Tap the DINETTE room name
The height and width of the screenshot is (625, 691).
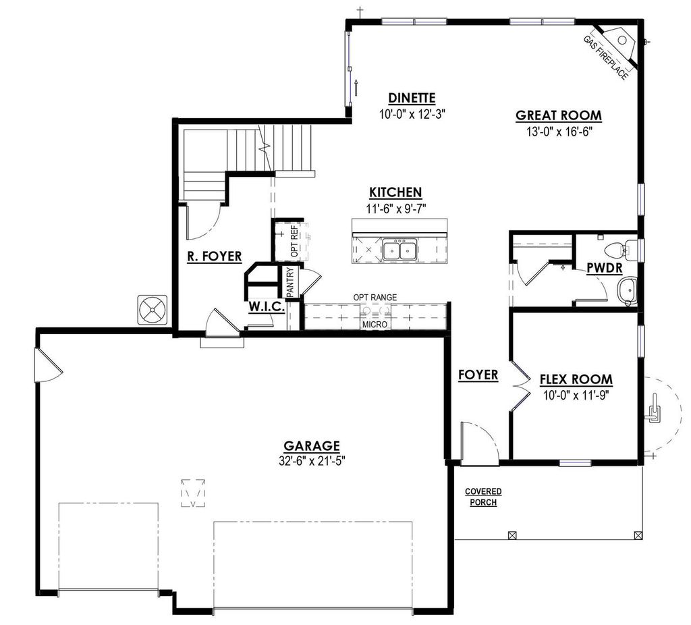pos(412,98)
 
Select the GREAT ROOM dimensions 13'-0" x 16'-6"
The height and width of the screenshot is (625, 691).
pos(558,132)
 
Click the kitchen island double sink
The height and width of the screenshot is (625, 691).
pos(399,250)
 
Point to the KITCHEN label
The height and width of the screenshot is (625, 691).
pos(395,192)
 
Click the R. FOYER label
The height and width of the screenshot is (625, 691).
pos(209,256)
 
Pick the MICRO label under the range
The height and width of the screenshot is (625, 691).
pos(375,325)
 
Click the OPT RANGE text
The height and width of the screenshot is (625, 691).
pos(375,297)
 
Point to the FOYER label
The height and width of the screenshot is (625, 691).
pos(478,375)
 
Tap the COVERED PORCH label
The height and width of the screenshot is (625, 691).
pos(482,497)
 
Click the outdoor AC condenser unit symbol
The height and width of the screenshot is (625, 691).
pos(152,310)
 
